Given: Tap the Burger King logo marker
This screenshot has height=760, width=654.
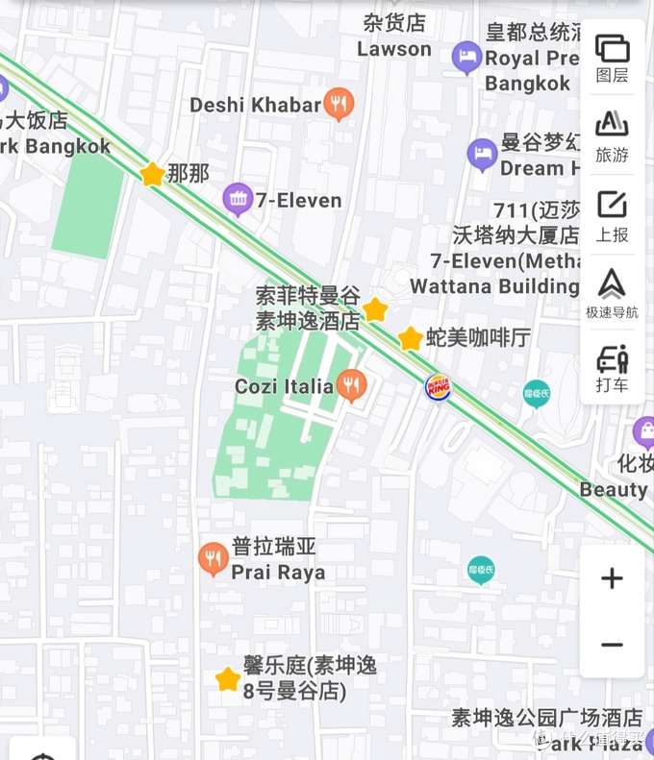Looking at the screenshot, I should point(438,387).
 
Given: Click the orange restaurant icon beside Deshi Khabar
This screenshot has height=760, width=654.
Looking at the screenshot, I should point(339,104).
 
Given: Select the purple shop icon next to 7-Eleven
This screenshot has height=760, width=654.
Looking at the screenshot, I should point(237,200).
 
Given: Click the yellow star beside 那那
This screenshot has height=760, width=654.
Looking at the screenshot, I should point(152,174).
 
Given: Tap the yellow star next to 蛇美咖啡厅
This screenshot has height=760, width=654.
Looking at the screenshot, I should point(411,338).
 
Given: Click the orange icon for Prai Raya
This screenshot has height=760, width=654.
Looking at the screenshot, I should point(214,559).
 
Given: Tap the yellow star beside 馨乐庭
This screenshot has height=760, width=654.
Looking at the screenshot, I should point(227,680).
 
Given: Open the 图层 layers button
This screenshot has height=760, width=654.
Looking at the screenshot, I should point(612,58).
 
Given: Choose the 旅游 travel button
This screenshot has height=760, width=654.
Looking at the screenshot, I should point(612,136).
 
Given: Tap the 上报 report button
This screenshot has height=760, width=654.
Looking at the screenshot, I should point(612,215).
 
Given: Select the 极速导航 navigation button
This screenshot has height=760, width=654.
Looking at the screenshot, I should point(612,294).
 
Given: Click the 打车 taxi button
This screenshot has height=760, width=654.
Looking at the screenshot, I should point(612,369).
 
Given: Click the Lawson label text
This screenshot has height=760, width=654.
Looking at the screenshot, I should point(394,49).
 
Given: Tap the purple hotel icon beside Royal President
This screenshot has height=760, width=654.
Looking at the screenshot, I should point(466,58).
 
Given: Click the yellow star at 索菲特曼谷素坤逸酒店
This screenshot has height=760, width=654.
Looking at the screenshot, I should point(375,309).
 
